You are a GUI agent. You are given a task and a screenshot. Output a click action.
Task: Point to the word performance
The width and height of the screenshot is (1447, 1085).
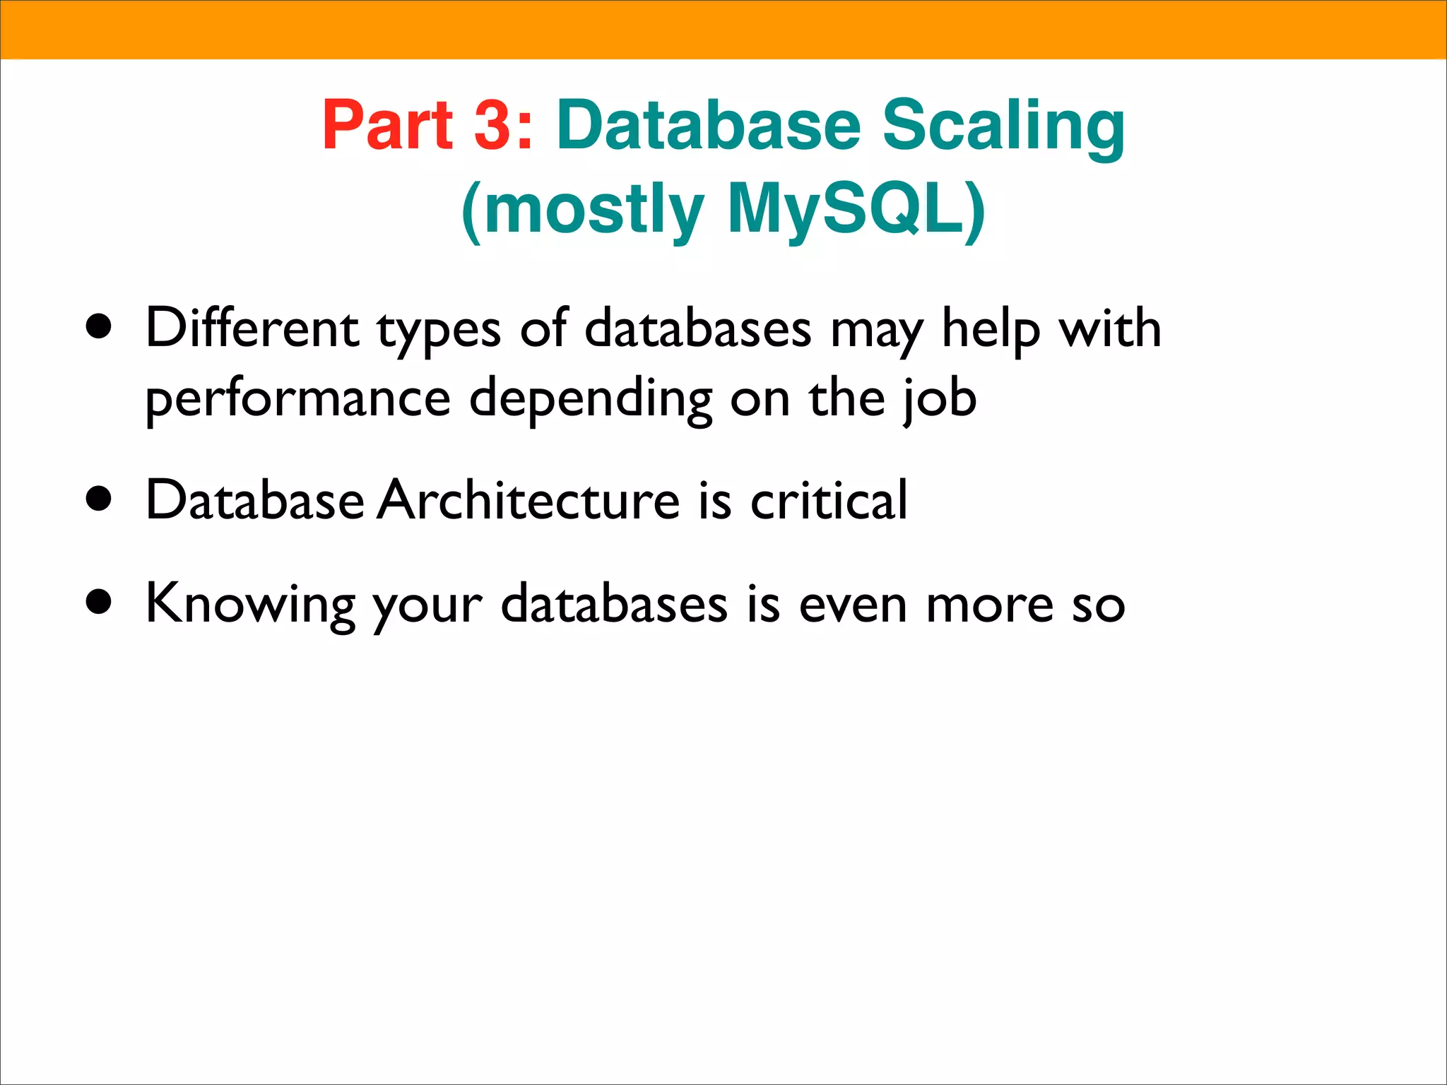[297, 400]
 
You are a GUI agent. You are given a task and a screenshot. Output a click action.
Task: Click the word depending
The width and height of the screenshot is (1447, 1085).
[591, 400]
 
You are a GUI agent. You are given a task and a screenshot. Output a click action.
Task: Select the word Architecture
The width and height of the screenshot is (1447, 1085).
[528, 499]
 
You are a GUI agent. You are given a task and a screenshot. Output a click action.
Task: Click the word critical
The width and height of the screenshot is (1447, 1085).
[828, 499]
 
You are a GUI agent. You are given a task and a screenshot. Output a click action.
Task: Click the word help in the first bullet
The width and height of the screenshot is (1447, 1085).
[991, 329]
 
